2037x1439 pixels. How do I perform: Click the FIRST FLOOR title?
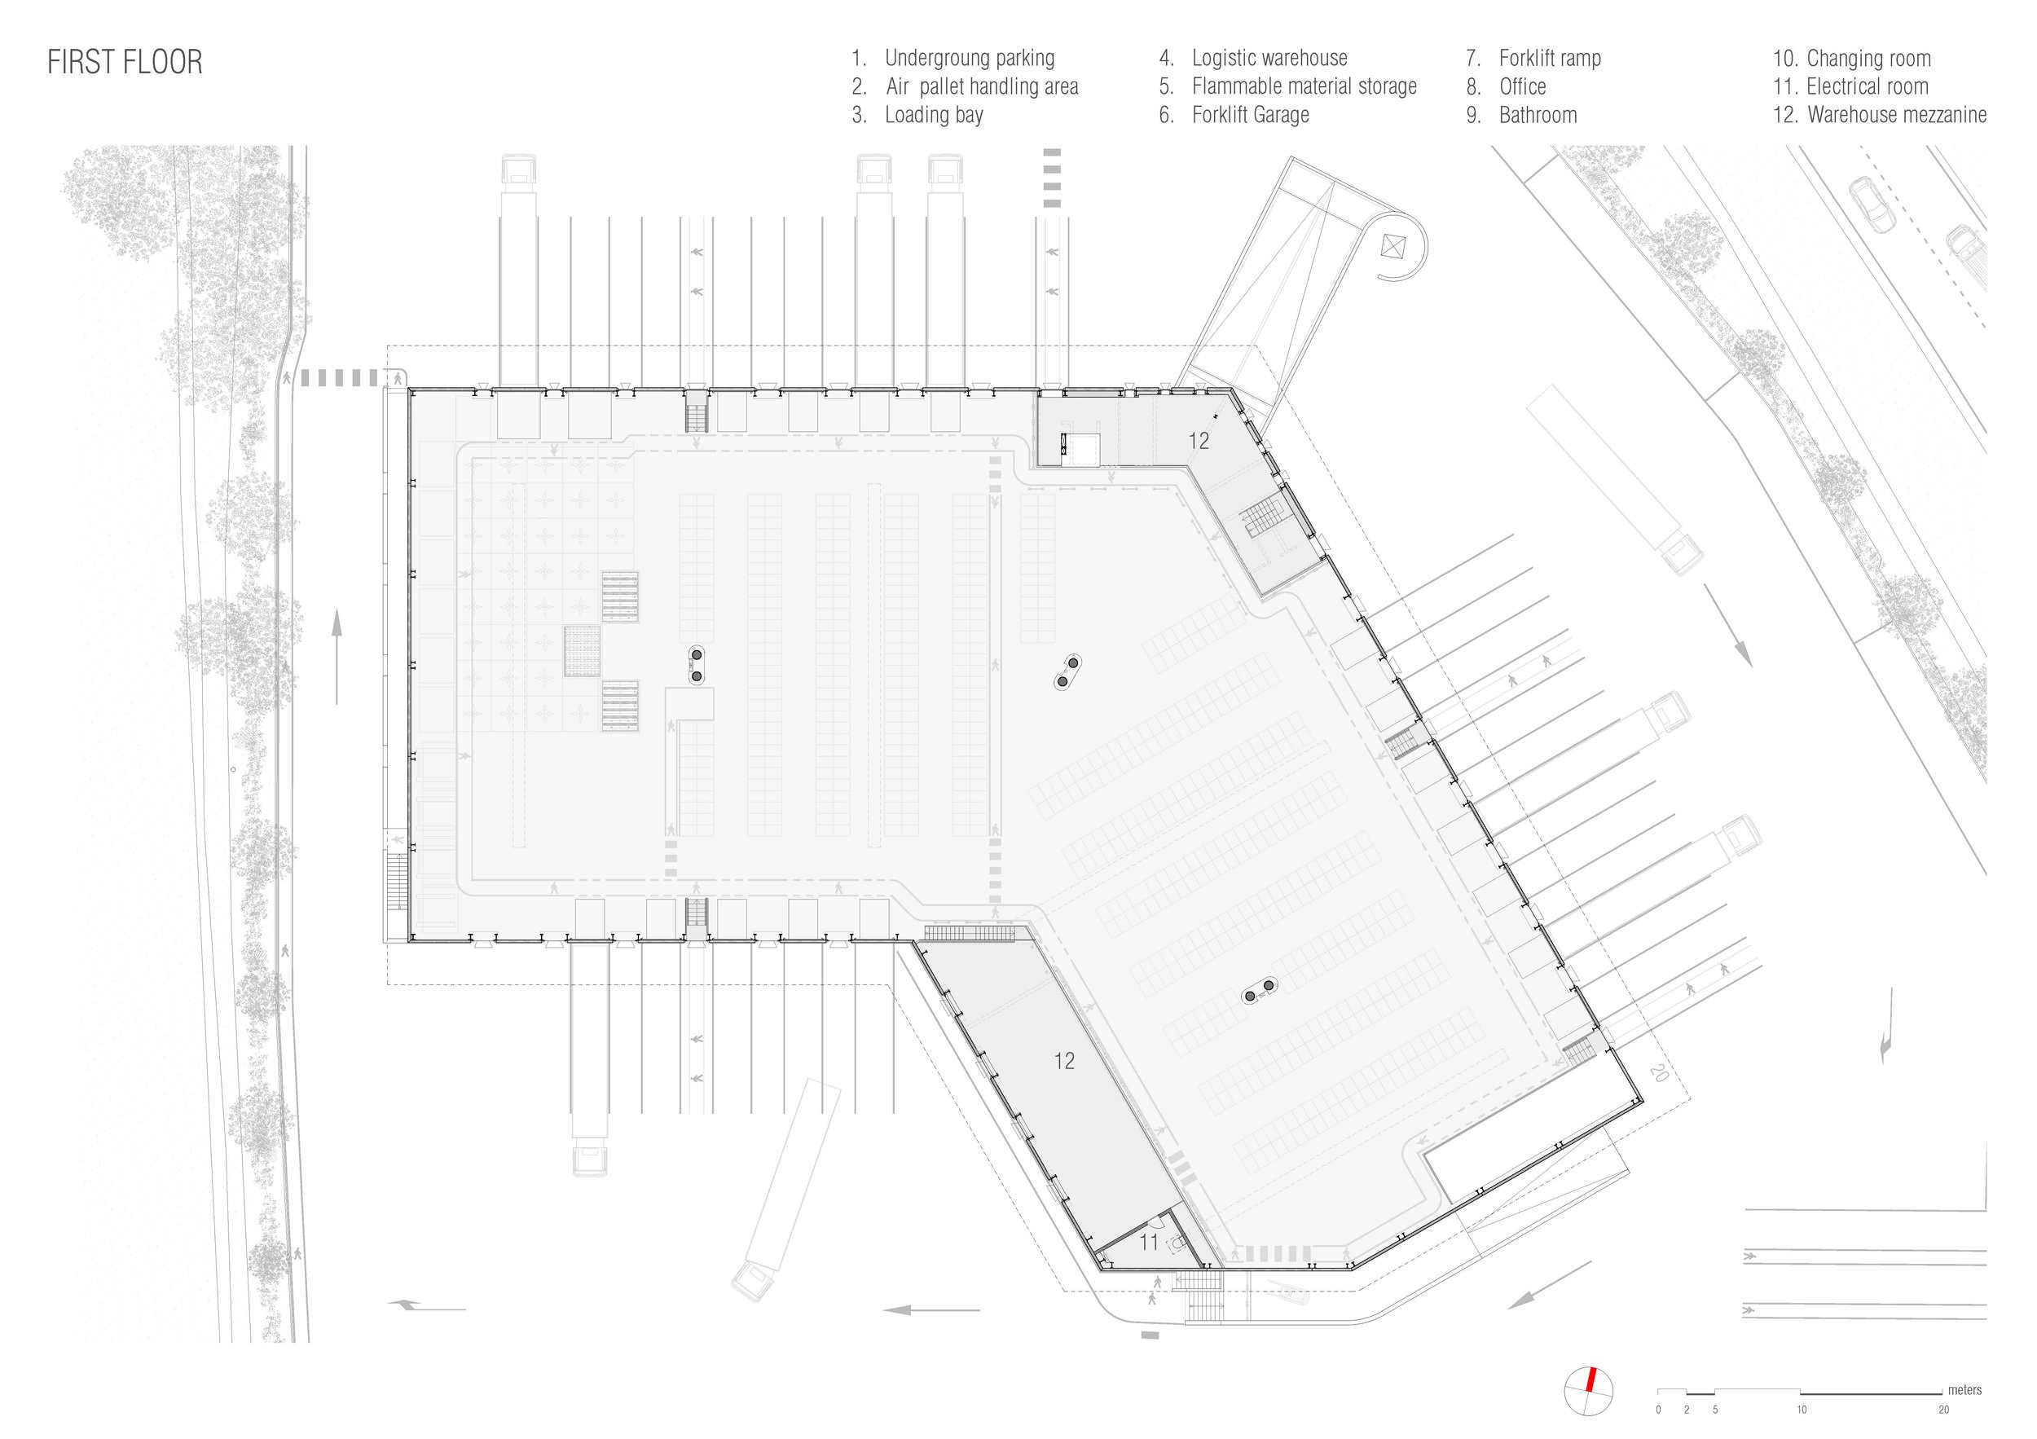coord(125,62)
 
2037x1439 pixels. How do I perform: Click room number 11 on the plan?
coord(1149,1242)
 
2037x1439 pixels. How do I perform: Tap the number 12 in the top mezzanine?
coord(1199,441)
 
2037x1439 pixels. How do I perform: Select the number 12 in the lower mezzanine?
coord(1065,1060)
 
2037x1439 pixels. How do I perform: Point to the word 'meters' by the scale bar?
coord(1965,1390)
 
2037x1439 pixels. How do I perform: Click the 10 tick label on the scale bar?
coord(1802,1410)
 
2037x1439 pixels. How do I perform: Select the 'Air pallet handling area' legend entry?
coord(982,87)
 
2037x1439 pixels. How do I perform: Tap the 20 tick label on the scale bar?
coord(1944,1410)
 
